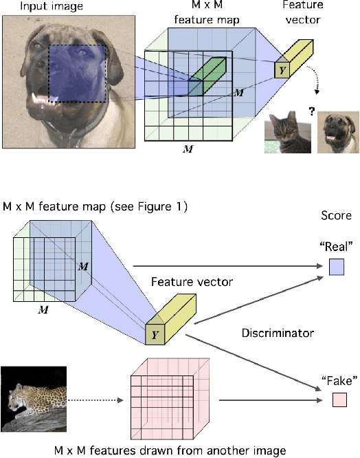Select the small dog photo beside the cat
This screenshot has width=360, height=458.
click(337, 131)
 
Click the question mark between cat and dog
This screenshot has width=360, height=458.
click(311, 107)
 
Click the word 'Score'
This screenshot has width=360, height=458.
click(337, 215)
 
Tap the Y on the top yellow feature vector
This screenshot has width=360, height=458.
click(282, 69)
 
